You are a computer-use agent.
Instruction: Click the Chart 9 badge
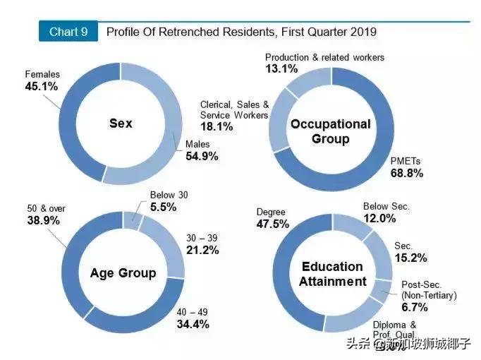(x=68, y=32)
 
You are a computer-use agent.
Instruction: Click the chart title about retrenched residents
(x=240, y=32)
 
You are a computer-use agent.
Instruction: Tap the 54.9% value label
(x=202, y=156)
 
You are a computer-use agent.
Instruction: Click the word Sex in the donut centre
(x=121, y=124)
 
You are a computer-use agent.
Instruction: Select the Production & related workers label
(x=324, y=57)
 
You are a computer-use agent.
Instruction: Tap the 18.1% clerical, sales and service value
(x=217, y=127)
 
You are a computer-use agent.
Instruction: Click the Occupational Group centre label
(x=330, y=131)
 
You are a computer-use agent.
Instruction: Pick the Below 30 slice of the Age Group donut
(x=132, y=220)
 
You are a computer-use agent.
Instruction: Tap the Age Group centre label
(x=123, y=273)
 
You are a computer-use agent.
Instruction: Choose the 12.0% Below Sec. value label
(x=379, y=219)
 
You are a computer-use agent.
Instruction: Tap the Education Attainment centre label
(x=333, y=274)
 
